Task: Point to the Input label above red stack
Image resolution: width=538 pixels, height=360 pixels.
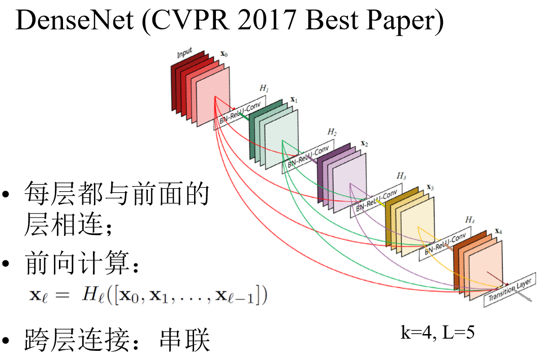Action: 185,53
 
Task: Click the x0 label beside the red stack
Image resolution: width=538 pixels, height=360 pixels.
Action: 224,53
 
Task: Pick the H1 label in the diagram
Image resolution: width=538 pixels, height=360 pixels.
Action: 264,88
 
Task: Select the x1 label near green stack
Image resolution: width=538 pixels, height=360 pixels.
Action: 294,100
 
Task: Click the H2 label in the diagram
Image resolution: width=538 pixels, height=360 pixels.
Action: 332,132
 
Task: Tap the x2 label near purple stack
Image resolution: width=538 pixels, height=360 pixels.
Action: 364,143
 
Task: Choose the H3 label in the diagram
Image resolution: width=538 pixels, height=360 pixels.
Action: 401,176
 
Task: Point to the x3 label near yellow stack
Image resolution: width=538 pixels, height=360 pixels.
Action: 430,188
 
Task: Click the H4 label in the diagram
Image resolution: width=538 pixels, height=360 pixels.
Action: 469,220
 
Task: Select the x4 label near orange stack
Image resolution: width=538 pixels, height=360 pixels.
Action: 498,231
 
